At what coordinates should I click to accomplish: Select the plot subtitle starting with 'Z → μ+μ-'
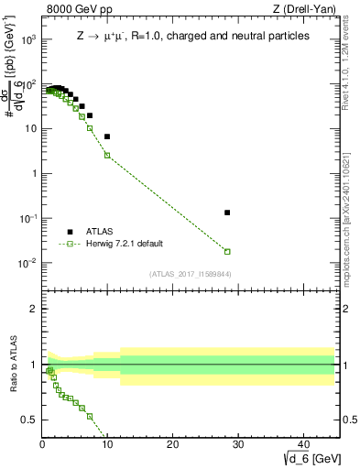tap(191, 36)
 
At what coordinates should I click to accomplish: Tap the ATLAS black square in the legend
tap(70, 232)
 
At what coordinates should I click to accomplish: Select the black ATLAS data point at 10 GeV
tap(107, 136)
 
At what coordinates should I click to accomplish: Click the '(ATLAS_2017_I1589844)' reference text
tap(190, 274)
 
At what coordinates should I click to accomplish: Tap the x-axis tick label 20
tap(172, 444)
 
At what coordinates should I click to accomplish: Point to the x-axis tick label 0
tap(42, 444)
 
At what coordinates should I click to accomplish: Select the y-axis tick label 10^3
tap(27, 40)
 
